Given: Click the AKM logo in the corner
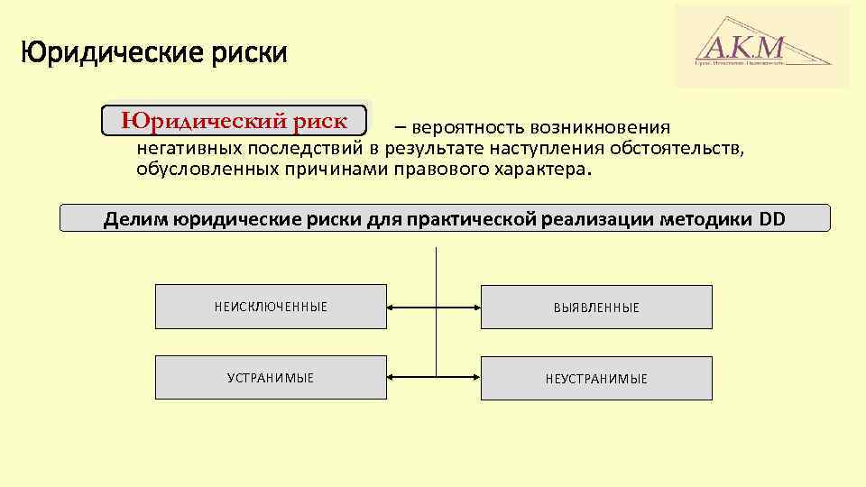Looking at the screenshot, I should (x=762, y=46).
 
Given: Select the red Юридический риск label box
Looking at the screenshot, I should (x=235, y=120).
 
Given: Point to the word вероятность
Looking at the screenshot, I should (x=468, y=128).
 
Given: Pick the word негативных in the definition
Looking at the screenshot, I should (x=189, y=148).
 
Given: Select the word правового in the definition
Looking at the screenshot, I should (x=437, y=169).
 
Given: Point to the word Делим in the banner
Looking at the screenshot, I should (x=134, y=218).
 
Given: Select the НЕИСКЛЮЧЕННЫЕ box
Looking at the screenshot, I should (x=271, y=307).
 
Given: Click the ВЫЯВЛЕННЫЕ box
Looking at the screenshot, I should (x=595, y=308).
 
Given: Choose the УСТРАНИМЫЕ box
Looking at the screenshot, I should (x=271, y=378).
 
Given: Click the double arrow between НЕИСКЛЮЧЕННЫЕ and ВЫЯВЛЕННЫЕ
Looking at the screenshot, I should (x=433, y=307).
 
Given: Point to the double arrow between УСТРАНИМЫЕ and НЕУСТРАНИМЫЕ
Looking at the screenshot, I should (x=433, y=377).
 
